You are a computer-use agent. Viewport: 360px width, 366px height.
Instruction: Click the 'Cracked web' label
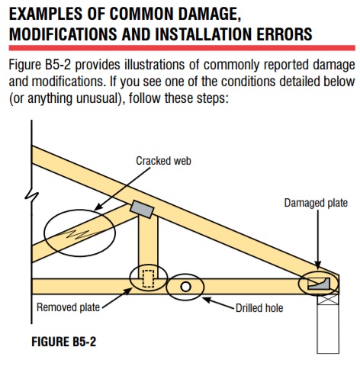(x=163, y=161)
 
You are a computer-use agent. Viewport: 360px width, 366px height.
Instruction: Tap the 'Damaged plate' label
(x=316, y=203)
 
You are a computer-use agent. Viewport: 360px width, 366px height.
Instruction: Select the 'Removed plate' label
(x=68, y=307)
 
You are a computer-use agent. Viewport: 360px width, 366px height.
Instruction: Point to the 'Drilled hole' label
(x=259, y=308)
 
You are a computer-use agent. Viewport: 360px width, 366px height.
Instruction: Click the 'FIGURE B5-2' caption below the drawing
(x=64, y=342)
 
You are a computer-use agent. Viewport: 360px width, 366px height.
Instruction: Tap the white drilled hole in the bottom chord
(x=185, y=287)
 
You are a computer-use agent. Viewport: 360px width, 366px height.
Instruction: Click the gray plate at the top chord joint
(x=142, y=209)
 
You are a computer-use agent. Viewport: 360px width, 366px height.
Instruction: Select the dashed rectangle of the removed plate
(x=148, y=278)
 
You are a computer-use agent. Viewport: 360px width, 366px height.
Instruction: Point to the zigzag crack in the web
(x=78, y=234)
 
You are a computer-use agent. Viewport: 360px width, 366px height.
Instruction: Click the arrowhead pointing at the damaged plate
(x=318, y=265)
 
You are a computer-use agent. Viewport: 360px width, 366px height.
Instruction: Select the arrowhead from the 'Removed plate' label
(x=128, y=291)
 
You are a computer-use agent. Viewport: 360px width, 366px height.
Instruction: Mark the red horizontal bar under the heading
(x=182, y=48)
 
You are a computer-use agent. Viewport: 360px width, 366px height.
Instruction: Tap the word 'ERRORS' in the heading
(x=284, y=34)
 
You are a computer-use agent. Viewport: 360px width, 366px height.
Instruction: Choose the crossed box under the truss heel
(x=328, y=300)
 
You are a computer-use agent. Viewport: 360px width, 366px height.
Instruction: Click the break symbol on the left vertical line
(x=31, y=195)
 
